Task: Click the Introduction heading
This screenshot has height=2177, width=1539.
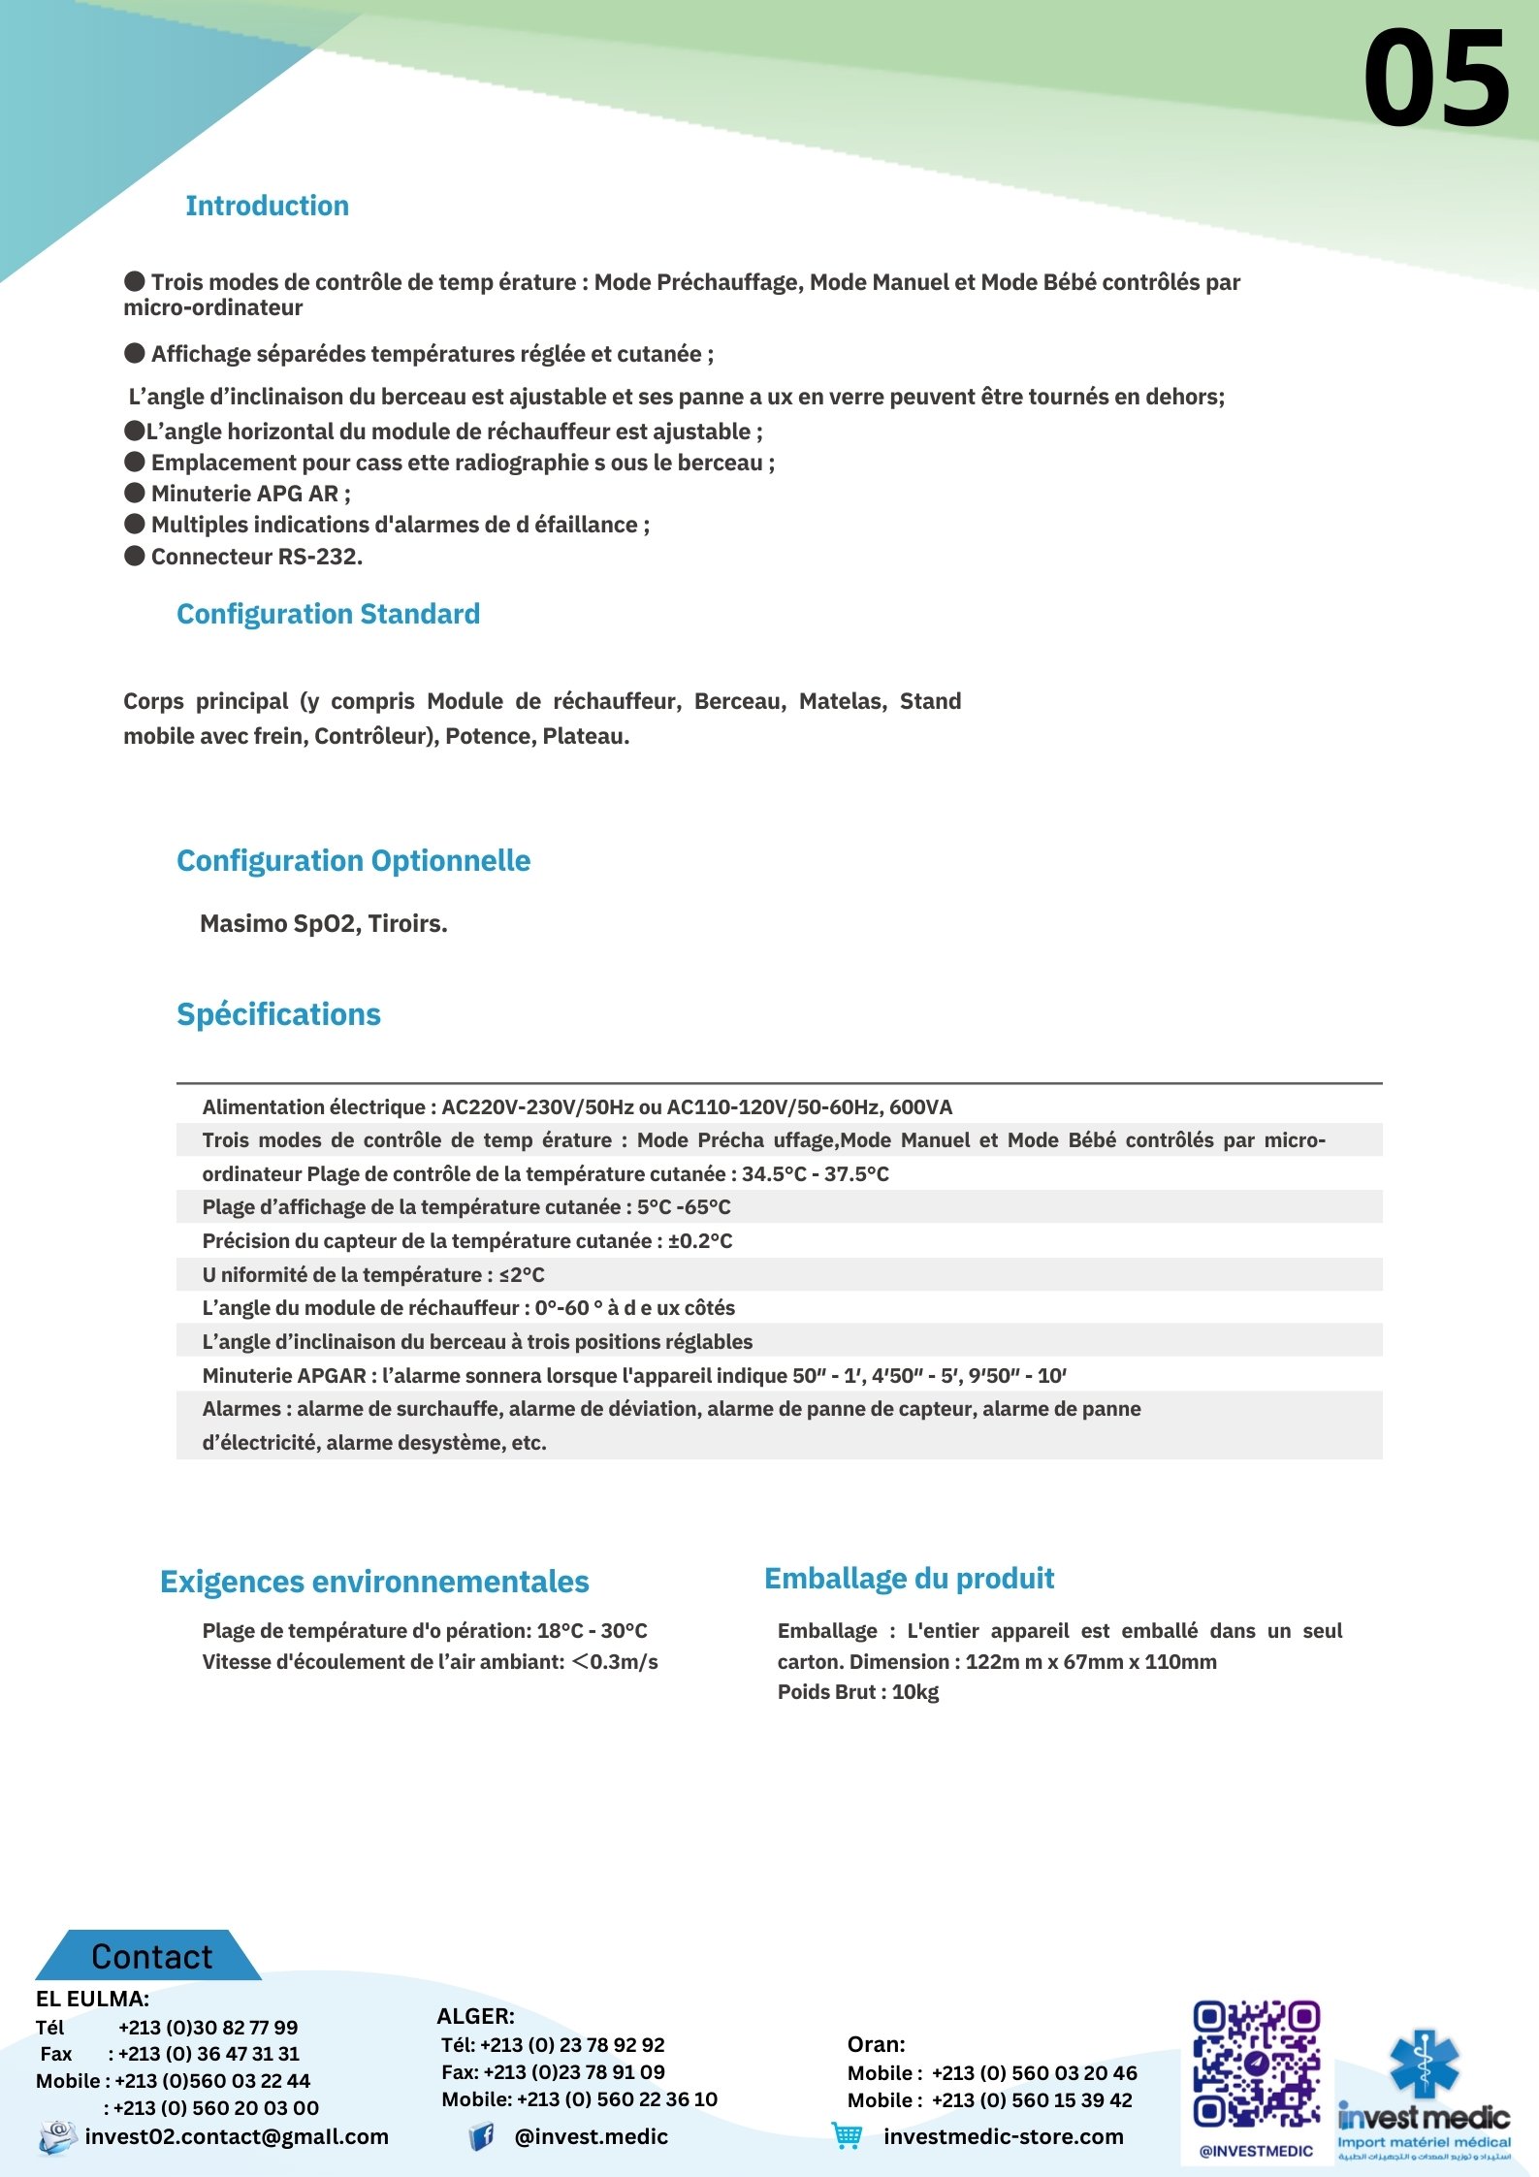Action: [267, 206]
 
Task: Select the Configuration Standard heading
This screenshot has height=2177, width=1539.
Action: [328, 614]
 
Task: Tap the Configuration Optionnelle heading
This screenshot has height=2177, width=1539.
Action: [353, 860]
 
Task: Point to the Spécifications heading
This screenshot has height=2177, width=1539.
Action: [278, 1014]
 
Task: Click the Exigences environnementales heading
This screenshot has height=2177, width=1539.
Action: [374, 1582]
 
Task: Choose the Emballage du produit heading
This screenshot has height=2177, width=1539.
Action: [909, 1579]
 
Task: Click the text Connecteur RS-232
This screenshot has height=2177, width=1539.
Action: [256, 557]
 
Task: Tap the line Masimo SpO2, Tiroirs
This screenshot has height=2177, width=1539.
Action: [323, 923]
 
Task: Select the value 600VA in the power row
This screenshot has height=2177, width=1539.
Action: [921, 1107]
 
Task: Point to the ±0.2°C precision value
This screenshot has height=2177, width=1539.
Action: [700, 1241]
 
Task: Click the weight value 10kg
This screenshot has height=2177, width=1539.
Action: [915, 1692]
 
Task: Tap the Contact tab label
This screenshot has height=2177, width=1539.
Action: [151, 1957]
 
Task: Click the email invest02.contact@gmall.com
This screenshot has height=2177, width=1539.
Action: [237, 2136]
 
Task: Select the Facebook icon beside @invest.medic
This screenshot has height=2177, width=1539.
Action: [481, 2136]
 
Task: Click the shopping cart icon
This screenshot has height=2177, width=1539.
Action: [847, 2135]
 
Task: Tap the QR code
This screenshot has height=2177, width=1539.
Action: [1256, 2063]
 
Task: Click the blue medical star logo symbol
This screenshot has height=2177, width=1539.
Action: [1424, 2064]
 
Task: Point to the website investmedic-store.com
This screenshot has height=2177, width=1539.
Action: [1003, 2136]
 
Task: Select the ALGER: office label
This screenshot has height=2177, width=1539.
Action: [475, 2016]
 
